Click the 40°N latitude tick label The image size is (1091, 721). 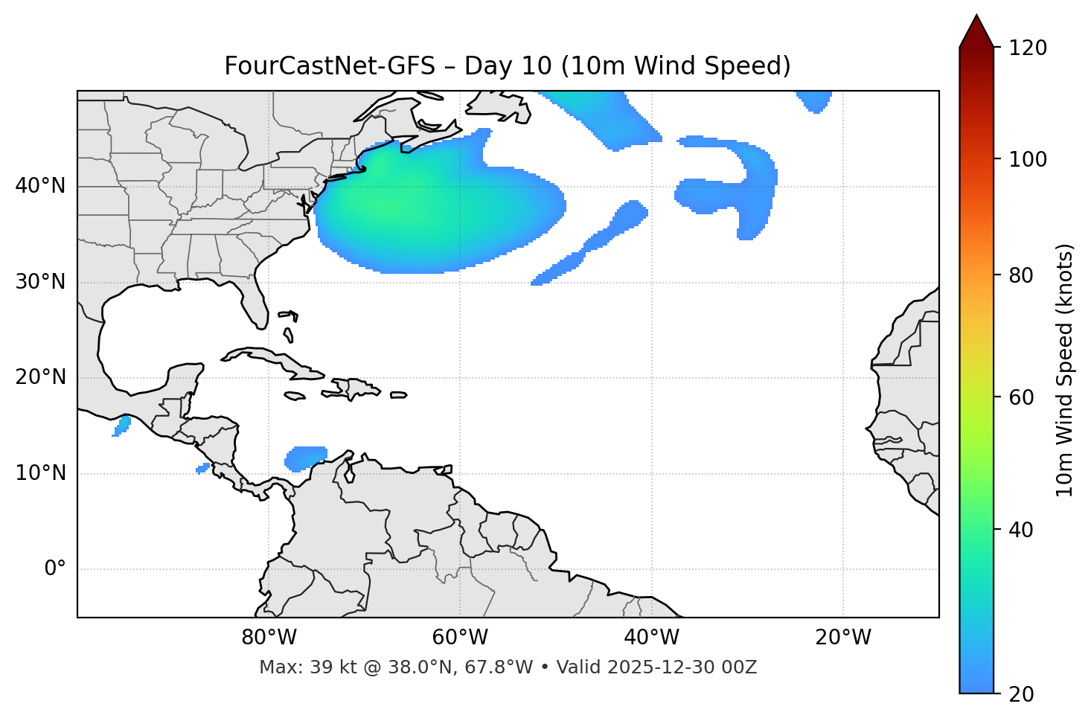40,186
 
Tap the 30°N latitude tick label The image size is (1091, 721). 40,282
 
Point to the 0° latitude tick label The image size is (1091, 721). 54,569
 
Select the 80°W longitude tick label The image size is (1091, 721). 269,638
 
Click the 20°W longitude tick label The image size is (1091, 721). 843,638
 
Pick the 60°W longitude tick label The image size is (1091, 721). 460,638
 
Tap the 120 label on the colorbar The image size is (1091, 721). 1029,48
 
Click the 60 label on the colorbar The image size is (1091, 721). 1023,397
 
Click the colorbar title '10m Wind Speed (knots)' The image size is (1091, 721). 1065,371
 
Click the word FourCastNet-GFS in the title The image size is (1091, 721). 329,66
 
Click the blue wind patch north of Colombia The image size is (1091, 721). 306,458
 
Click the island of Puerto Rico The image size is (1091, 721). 399,395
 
